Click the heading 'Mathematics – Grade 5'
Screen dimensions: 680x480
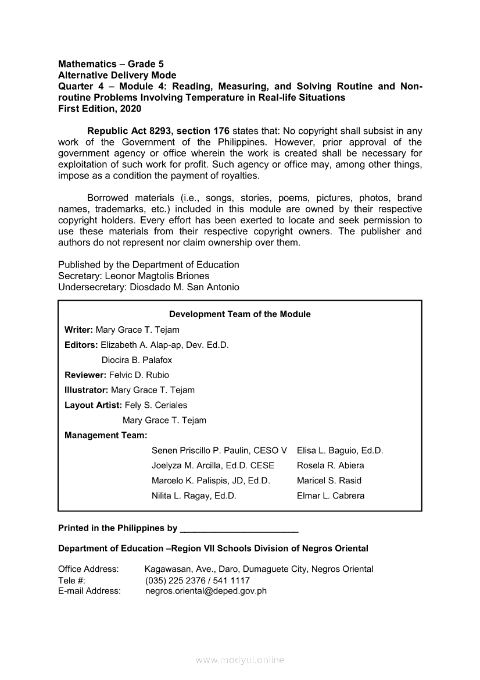[106, 64]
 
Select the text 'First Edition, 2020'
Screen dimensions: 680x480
[99, 108]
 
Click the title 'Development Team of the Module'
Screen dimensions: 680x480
[240, 314]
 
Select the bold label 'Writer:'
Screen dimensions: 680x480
[79, 330]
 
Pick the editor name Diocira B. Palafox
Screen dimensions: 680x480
[137, 360]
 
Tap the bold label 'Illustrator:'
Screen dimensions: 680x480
[87, 390]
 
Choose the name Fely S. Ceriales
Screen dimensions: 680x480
[156, 405]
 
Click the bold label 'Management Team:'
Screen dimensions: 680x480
[106, 435]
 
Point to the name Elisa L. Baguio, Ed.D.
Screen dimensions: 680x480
[340, 451]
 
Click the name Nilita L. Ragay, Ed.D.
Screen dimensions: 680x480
[194, 496]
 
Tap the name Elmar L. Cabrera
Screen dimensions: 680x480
[331, 496]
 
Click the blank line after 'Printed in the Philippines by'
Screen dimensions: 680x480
[239, 529]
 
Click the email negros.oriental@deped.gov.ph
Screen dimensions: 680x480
[206, 591]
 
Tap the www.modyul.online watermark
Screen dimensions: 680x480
[240, 660]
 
